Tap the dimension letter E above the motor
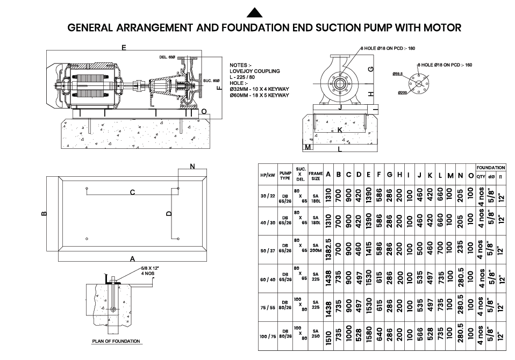point(124,48)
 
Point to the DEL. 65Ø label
point(168,57)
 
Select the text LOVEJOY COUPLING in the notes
point(254,71)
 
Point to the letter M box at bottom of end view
point(308,147)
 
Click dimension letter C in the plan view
point(132,192)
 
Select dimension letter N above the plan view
point(192,167)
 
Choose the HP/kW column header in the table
point(267,175)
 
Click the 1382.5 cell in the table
point(328,250)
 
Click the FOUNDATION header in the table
point(490,168)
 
